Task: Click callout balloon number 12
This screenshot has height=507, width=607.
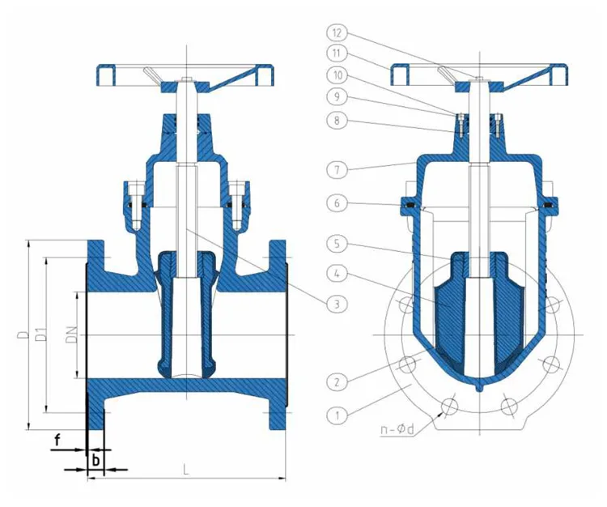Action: click(337, 33)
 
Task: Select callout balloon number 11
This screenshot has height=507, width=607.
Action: click(337, 53)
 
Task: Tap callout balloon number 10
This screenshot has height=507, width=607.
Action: click(337, 75)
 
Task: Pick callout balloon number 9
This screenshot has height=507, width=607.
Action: click(337, 96)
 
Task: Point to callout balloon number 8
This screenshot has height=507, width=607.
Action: click(337, 120)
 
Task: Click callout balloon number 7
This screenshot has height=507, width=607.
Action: click(337, 169)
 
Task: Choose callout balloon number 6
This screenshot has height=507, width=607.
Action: click(337, 202)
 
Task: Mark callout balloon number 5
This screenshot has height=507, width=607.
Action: click(337, 244)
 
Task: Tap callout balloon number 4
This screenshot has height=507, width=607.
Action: click(337, 274)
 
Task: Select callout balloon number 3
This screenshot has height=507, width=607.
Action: click(337, 304)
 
